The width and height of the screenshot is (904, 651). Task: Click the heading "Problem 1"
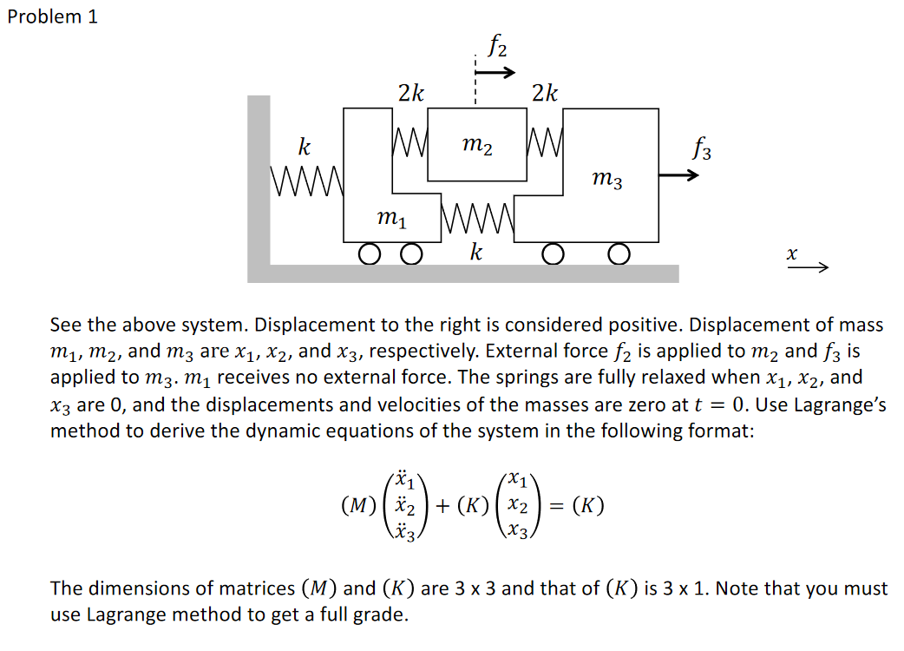tap(52, 17)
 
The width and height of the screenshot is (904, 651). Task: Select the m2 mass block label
tap(476, 148)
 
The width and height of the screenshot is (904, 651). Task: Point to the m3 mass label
tap(606, 180)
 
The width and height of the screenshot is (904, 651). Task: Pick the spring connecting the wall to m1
tap(308, 180)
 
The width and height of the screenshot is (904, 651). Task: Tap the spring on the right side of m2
tap(544, 138)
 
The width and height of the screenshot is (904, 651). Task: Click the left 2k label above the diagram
tap(410, 93)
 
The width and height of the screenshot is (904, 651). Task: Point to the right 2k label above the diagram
tap(545, 93)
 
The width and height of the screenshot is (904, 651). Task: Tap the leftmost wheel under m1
tap(370, 253)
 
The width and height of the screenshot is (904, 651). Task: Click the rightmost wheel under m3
tap(618, 253)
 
